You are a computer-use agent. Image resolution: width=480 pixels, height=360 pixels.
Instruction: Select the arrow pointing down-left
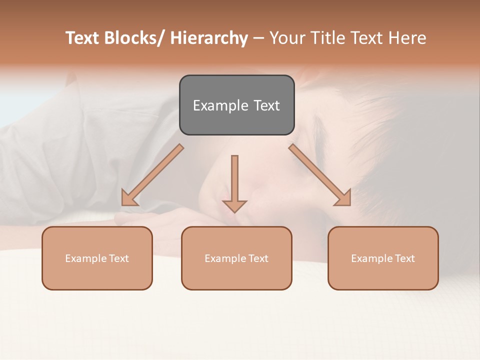[x=152, y=175]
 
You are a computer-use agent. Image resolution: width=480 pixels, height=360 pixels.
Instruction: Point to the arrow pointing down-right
[x=320, y=175]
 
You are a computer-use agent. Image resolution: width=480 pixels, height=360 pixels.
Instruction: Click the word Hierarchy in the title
[x=208, y=38]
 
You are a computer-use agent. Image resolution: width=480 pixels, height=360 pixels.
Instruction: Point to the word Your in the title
[x=287, y=38]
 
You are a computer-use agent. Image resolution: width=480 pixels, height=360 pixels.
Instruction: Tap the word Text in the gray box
[x=266, y=105]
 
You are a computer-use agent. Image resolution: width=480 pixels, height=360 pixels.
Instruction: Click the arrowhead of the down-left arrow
[x=129, y=198]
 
